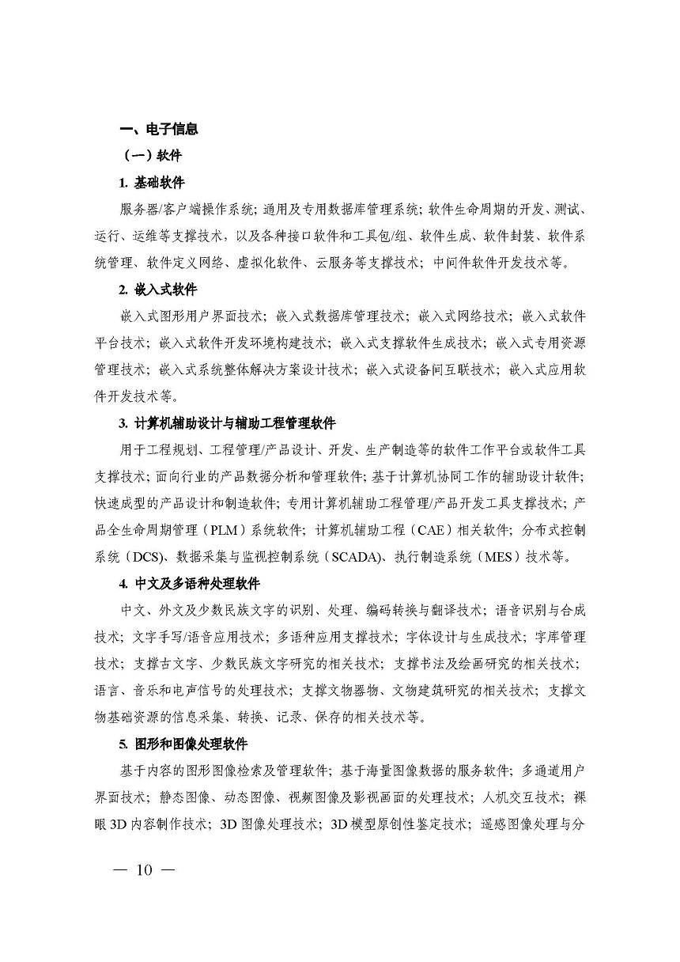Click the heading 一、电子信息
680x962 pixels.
[x=158, y=129]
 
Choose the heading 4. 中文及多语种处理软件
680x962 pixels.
[x=189, y=584]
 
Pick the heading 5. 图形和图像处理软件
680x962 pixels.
[x=183, y=744]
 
